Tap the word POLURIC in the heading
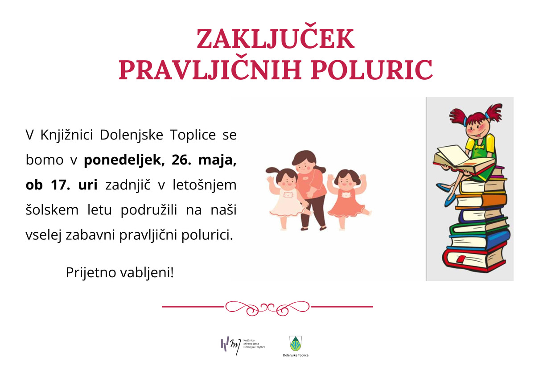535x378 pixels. click(x=372, y=70)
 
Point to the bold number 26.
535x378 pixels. click(x=181, y=160)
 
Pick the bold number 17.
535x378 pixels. click(x=61, y=185)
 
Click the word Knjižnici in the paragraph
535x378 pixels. click(x=66, y=136)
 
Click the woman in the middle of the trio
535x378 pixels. click(x=310, y=190)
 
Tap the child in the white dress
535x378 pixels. click(x=286, y=199)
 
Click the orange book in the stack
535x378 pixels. click(x=481, y=202)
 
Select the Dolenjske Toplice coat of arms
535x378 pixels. click(x=296, y=343)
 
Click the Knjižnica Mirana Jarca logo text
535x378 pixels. click(x=254, y=344)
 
